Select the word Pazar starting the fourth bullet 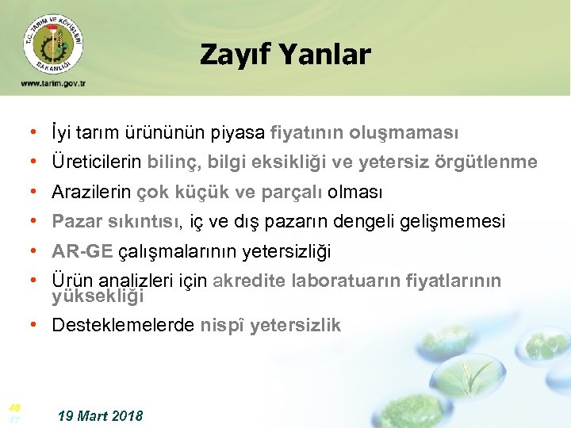[73, 222]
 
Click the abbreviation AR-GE [82, 252]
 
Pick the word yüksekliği [98, 297]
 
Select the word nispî [222, 325]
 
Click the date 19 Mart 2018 [101, 416]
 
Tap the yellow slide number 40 [13, 407]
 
